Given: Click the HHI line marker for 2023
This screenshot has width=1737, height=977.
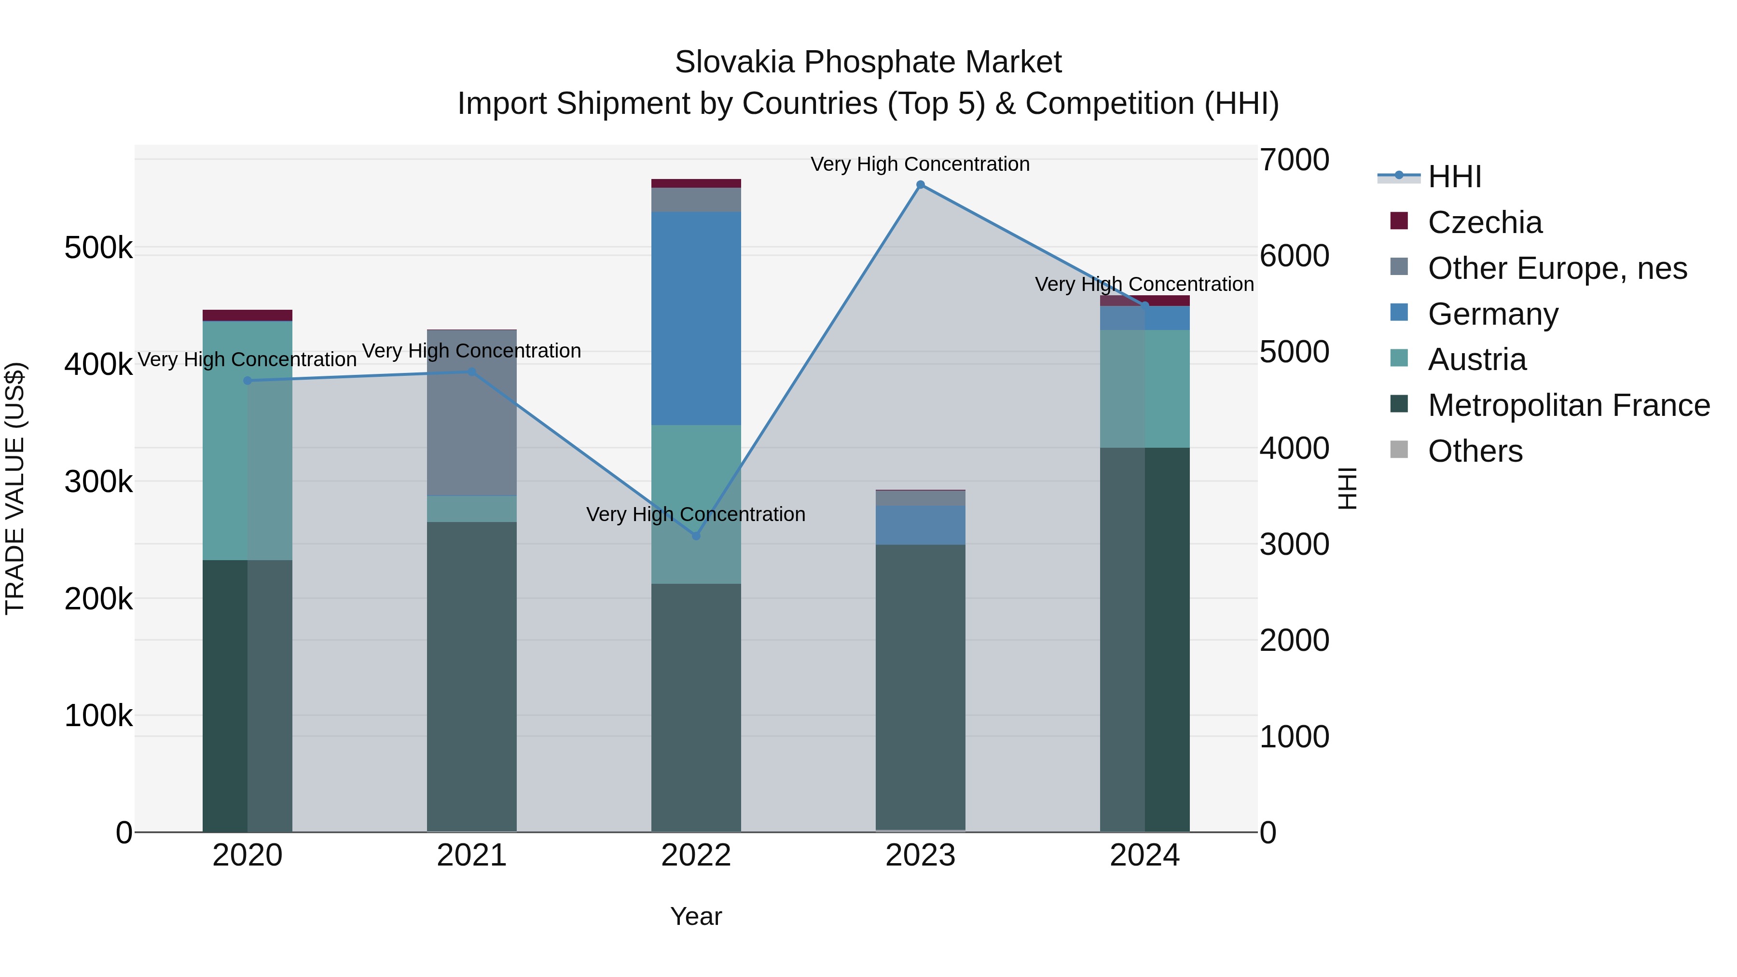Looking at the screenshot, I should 921,185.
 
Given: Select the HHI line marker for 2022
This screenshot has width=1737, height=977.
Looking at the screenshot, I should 696,536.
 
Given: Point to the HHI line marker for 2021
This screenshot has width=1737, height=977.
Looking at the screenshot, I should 472,372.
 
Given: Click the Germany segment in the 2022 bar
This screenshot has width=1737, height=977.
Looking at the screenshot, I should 696,318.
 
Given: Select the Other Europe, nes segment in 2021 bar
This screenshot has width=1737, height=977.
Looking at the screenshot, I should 472,413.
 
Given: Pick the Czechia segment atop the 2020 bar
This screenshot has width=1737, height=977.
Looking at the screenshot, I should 248,316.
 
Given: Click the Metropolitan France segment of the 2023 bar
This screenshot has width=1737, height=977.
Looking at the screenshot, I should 921,688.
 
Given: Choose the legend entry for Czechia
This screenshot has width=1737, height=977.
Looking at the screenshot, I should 1484,222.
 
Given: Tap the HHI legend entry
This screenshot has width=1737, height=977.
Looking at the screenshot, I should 1454,177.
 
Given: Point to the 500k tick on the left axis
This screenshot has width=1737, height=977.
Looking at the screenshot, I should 98,248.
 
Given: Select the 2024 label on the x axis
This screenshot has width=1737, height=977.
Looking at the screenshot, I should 1144,855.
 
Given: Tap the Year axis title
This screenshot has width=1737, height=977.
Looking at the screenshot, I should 696,916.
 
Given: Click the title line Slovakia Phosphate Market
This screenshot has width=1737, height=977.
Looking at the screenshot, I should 868,62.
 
